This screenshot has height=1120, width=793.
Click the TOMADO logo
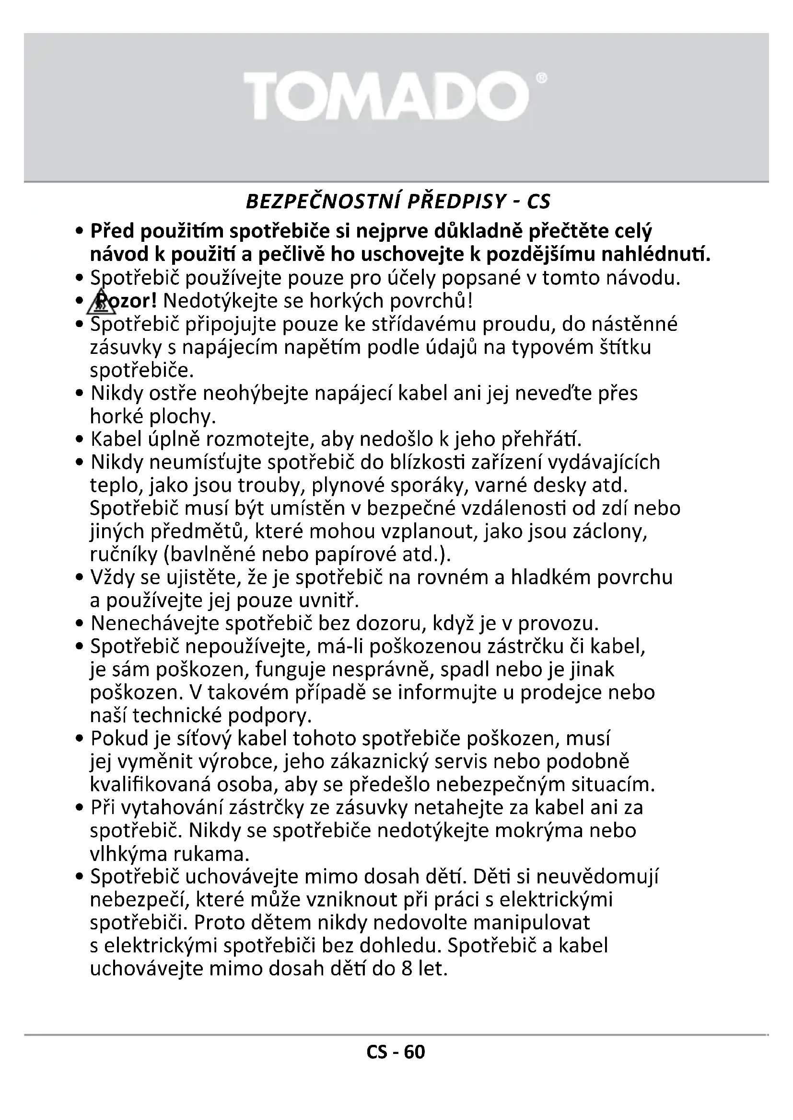(x=386, y=96)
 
